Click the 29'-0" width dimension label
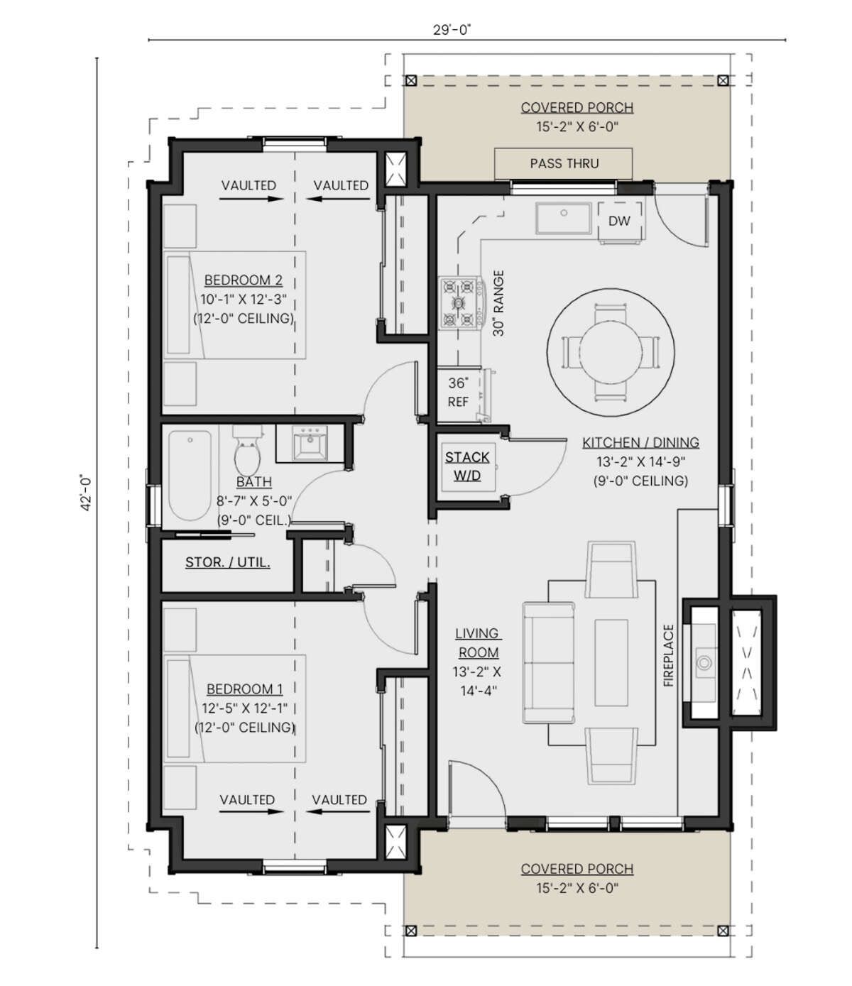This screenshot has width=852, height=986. [452, 30]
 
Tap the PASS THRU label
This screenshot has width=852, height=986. [564, 163]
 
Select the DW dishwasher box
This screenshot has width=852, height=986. [619, 221]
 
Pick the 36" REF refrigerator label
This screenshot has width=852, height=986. [458, 393]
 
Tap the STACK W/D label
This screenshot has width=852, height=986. [467, 466]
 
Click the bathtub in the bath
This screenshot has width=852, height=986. [190, 476]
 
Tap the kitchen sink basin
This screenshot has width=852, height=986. [564, 219]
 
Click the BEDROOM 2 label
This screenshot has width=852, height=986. [244, 280]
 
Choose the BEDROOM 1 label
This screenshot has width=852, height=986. [244, 689]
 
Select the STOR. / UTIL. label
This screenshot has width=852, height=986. [227, 562]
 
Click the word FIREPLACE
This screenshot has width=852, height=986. [669, 655]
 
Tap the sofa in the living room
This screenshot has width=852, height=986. [549, 663]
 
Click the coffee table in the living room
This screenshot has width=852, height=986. [611, 662]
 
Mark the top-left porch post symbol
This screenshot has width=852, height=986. [410, 81]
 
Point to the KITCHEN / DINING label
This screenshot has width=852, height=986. [640, 443]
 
